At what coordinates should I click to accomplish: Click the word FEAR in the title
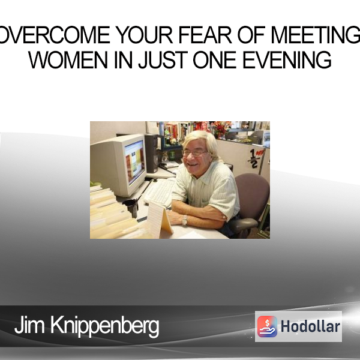click(205, 35)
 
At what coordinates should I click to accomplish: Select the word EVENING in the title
click(287, 59)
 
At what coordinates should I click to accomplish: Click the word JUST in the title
click(163, 59)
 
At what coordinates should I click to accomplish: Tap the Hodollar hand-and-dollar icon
click(267, 326)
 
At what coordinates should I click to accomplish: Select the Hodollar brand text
click(310, 326)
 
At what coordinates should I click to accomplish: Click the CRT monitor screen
click(135, 161)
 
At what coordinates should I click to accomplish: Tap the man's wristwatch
click(185, 220)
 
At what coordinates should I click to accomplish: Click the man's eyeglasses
click(194, 153)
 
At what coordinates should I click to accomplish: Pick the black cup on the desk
click(131, 208)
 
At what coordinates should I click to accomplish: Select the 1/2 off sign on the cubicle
click(254, 158)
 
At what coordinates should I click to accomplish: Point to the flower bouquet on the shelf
click(221, 129)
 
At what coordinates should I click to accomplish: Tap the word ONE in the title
click(215, 59)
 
